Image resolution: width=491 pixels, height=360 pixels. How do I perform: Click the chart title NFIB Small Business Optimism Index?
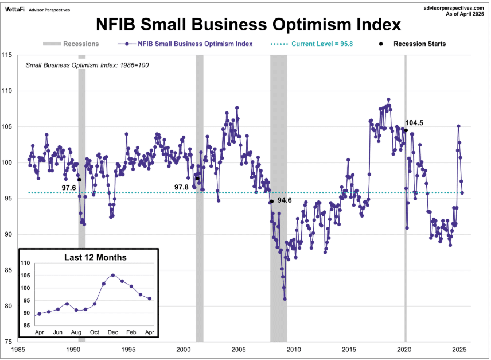pyautogui.click(x=248, y=24)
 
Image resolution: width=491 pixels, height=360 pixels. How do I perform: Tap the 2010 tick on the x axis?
pyautogui.click(x=294, y=349)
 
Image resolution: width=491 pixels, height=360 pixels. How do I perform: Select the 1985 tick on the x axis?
pyautogui.click(x=18, y=349)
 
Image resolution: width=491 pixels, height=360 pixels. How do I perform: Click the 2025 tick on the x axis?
pyautogui.click(x=459, y=349)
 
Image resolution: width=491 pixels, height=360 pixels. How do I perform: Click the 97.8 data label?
pyautogui.click(x=182, y=187)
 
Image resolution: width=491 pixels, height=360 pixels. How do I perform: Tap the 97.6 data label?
pyautogui.click(x=69, y=188)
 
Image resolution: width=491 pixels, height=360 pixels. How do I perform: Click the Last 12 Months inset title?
pyautogui.click(x=96, y=257)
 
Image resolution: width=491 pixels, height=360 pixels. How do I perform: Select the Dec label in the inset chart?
pyautogui.click(x=113, y=332)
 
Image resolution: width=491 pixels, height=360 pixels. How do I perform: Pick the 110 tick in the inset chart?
pyautogui.click(x=25, y=263)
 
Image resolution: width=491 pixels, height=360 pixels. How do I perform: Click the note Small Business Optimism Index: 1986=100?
pyautogui.click(x=87, y=65)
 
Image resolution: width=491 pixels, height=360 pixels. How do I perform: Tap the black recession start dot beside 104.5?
pyautogui.click(x=406, y=130)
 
